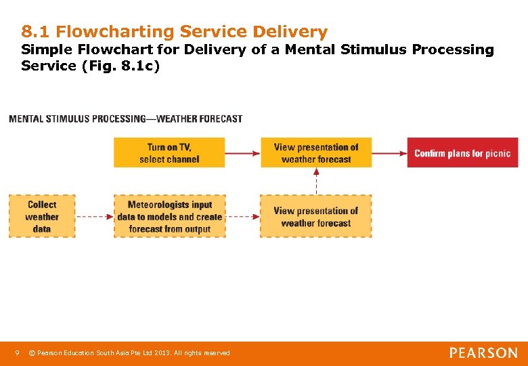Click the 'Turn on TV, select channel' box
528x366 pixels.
point(169,152)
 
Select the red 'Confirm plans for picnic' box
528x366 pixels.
point(462,152)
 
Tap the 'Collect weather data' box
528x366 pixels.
point(42,216)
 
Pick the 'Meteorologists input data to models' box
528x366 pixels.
point(169,216)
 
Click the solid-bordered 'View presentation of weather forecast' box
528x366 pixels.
point(316,152)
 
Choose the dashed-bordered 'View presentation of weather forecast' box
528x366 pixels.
point(316,216)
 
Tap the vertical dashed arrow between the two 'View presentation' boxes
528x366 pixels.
point(316,181)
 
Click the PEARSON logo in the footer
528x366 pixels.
point(483,353)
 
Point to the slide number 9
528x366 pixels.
point(18,352)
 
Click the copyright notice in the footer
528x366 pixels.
point(133,353)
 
